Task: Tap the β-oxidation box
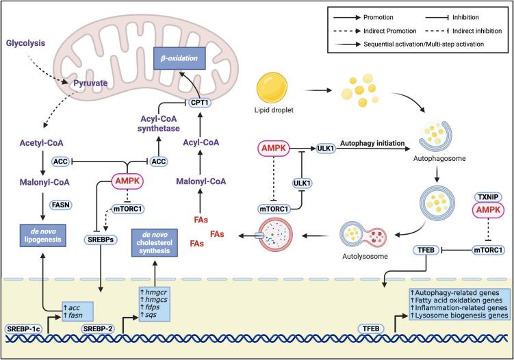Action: pos(179,60)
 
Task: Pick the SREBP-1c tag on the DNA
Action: pos(22,329)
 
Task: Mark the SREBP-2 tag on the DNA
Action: pos(100,329)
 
